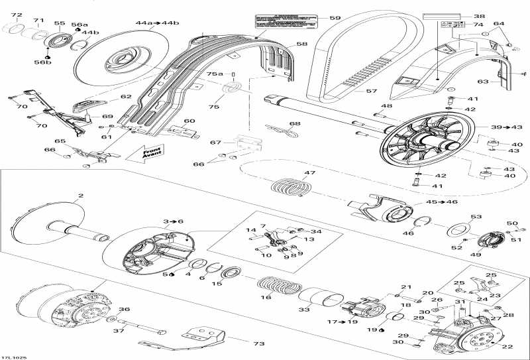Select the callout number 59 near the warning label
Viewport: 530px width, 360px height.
pyautogui.click(x=335, y=18)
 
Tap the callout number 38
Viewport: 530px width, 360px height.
pyautogui.click(x=479, y=16)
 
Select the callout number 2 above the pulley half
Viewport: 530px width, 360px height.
pyautogui.click(x=81, y=196)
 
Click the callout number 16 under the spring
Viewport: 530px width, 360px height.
pyautogui.click(x=266, y=298)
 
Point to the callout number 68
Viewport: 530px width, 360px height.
pyautogui.click(x=294, y=123)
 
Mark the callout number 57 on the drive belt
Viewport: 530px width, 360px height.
pyautogui.click(x=372, y=90)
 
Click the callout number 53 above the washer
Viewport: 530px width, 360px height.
pyautogui.click(x=476, y=217)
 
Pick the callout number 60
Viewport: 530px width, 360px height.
pyautogui.click(x=189, y=121)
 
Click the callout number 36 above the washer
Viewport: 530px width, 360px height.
pyautogui.click(x=124, y=309)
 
